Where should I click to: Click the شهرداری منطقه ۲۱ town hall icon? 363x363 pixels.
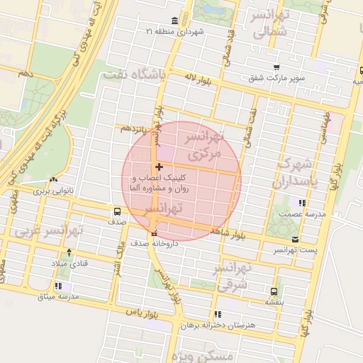coord(175,21)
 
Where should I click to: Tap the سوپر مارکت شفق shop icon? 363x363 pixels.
coord(276,67)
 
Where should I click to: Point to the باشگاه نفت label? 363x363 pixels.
coord(133,74)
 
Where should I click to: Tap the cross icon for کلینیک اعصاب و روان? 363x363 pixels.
coord(158,166)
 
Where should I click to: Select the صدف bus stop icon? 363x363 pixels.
coord(117,211)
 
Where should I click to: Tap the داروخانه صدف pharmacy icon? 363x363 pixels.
coord(154,234)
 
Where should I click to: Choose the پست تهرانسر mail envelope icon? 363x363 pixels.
coord(295,240)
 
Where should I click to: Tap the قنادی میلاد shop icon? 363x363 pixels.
coord(69,252)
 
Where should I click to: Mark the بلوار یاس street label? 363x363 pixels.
coord(140,311)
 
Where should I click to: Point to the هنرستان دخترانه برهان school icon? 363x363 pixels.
coord(218,313)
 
